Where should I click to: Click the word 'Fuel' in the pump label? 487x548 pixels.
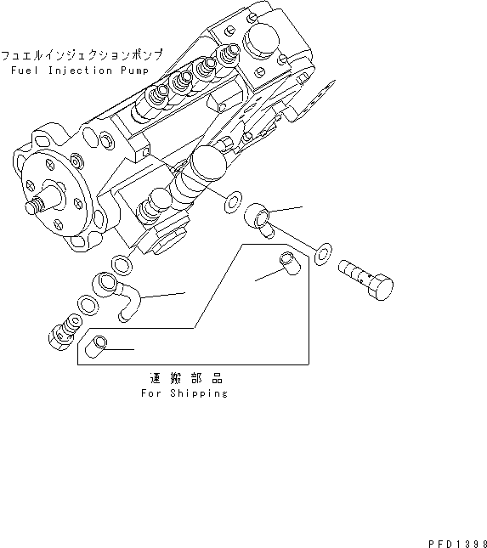pyautogui.click(x=25, y=71)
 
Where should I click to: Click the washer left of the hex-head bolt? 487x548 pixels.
pyautogui.click(x=322, y=254)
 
